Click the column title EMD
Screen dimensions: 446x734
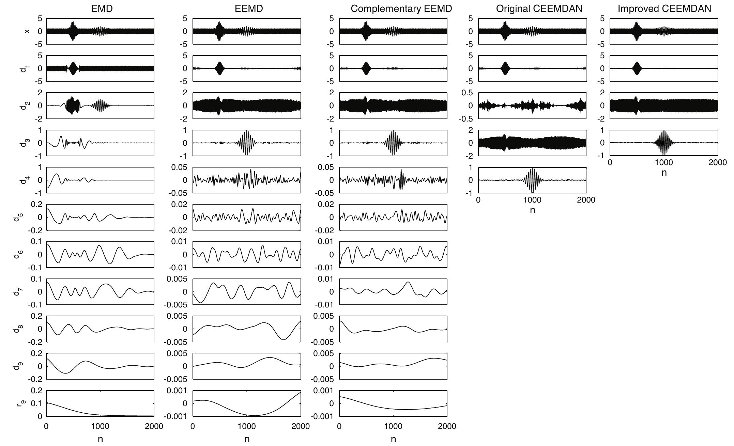pos(102,9)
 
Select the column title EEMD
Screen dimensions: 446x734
pos(249,9)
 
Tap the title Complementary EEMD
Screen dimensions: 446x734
pos(401,9)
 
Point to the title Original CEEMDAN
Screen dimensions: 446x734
pos(539,9)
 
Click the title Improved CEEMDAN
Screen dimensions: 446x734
pos(664,9)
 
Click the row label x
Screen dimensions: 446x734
pos(27,31)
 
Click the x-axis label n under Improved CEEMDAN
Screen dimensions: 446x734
pos(664,172)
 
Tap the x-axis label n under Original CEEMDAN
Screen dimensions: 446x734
pos(532,210)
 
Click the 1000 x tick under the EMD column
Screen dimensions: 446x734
pos(100,426)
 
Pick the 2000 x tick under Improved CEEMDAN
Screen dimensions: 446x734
pos(717,162)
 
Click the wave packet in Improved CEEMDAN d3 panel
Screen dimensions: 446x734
pos(664,143)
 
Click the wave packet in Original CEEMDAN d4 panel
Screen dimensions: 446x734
pos(532,180)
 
